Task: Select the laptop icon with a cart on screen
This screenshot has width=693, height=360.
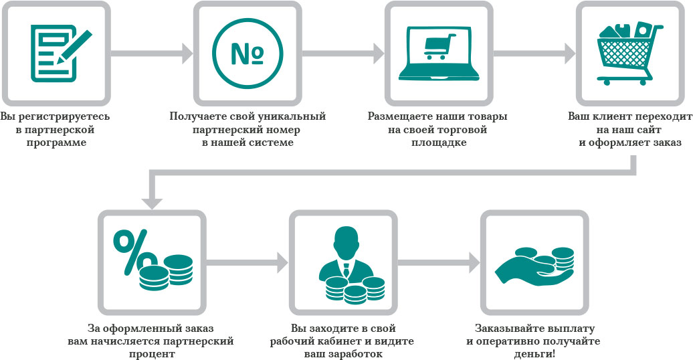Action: tap(438, 52)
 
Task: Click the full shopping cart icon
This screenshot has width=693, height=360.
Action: tap(629, 52)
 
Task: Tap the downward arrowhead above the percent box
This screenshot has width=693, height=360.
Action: tap(152, 200)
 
